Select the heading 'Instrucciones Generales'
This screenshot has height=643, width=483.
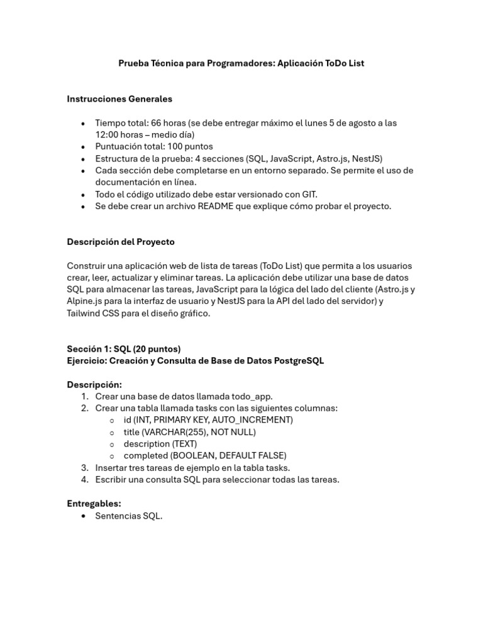pos(119,99)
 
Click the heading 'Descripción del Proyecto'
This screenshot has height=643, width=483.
pos(121,242)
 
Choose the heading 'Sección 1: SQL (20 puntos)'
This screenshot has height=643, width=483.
pos(124,349)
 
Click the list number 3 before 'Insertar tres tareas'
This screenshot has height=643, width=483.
pos(84,468)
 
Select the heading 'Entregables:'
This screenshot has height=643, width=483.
pos(94,504)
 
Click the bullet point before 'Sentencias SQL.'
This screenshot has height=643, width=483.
pos(83,516)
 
